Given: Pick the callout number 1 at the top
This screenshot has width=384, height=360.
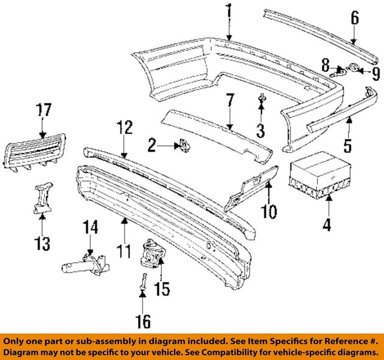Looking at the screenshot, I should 229,10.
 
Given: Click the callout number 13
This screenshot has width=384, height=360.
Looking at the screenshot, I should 43,244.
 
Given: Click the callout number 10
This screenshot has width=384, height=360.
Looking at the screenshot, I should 269,211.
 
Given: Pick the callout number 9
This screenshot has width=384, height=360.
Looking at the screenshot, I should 376,74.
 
